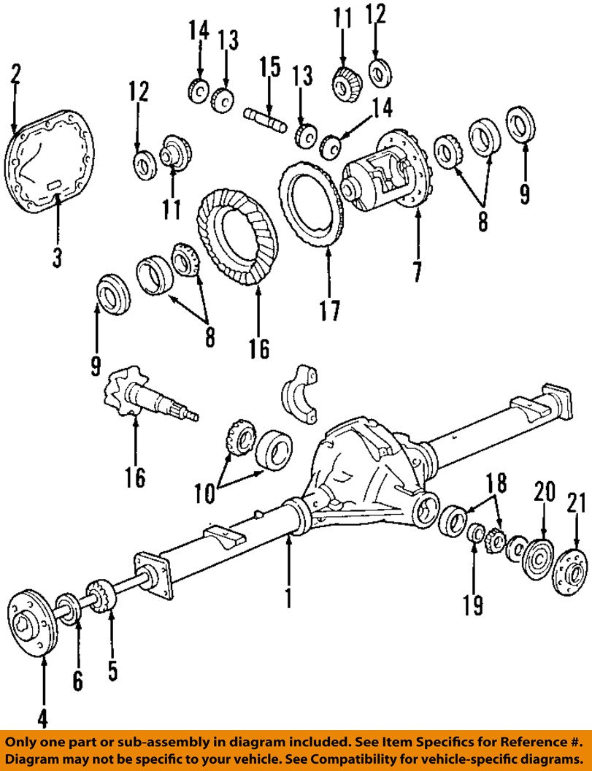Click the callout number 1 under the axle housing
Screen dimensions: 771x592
click(288, 597)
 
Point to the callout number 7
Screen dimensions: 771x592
click(416, 270)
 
